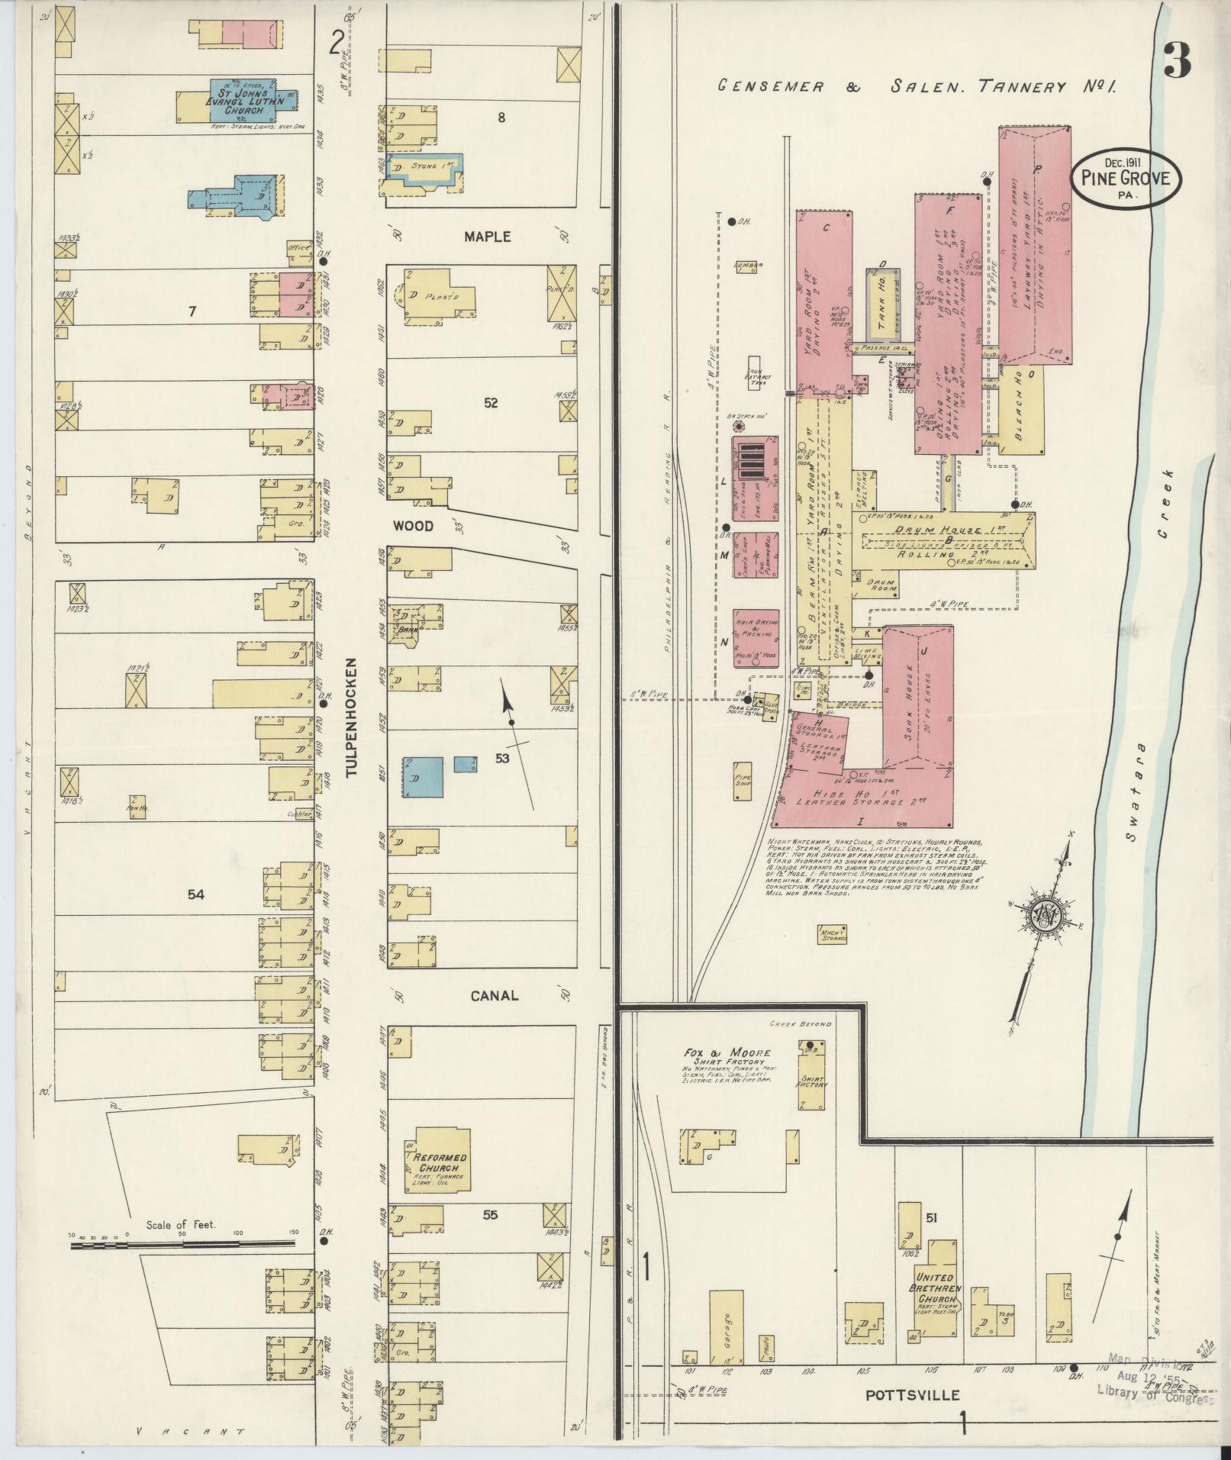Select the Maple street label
click(487, 237)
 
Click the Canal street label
click(494, 995)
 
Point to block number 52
click(490, 402)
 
